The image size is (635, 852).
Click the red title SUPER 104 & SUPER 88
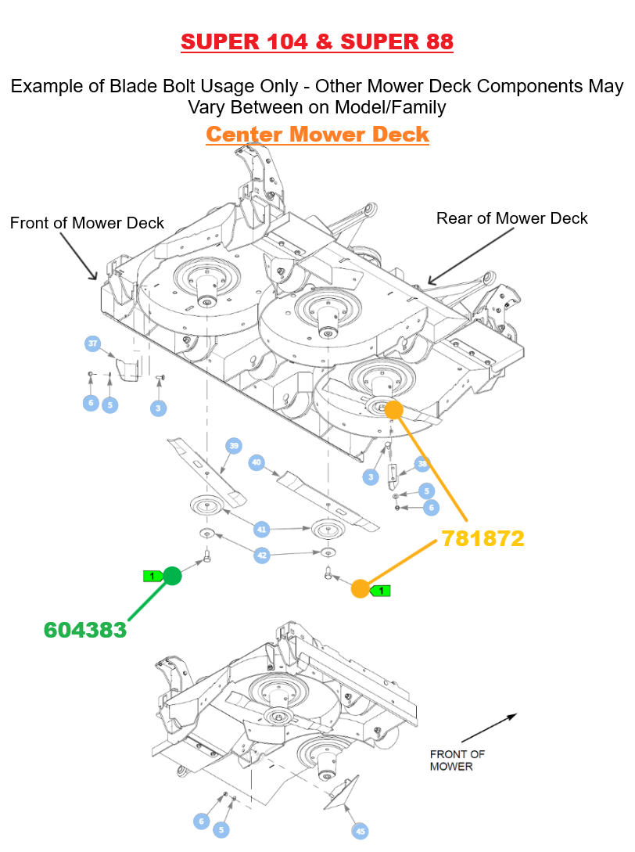click(317, 41)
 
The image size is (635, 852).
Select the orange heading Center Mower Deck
click(317, 134)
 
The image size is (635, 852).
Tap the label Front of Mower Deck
click(87, 223)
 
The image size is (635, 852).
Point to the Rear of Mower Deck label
click(511, 218)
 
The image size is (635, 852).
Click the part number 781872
click(483, 538)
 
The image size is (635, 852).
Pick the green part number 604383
click(85, 629)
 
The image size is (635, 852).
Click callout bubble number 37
click(93, 343)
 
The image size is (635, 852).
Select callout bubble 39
click(234, 446)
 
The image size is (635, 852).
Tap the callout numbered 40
click(257, 462)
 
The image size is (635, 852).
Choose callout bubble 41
click(261, 530)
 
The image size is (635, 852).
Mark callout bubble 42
click(261, 555)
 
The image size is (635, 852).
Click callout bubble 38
click(422, 464)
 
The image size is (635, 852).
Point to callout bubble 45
click(360, 831)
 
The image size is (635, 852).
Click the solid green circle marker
click(173, 577)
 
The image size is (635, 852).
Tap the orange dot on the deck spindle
click(393, 409)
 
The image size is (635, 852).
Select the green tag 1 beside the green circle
click(152, 577)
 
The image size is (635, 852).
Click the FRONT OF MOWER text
click(457, 760)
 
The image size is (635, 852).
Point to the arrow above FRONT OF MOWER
click(489, 728)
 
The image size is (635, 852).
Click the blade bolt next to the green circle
click(207, 556)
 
